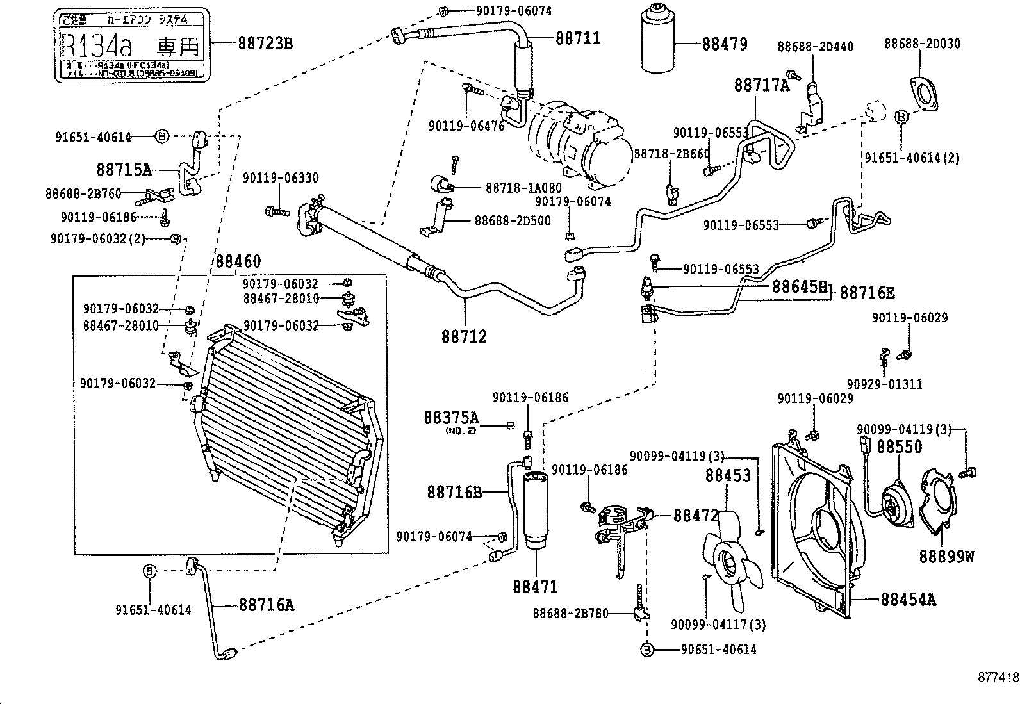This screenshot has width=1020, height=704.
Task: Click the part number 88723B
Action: pos(265,43)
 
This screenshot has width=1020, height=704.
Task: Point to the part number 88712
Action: pos(464,336)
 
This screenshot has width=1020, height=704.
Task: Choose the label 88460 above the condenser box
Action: pos(238,261)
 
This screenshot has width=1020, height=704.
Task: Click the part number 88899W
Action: pos(946,556)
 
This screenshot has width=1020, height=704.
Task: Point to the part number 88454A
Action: pos(908,600)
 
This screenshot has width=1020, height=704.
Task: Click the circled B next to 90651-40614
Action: pos(647,650)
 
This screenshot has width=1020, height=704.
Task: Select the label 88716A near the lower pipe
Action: pos(267,604)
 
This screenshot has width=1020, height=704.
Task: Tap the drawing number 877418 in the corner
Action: pos(998,677)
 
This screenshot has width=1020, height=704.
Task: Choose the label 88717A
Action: pos(762,85)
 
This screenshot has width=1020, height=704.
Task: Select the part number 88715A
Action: pos(124,170)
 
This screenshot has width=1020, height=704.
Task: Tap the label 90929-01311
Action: pos(884,384)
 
